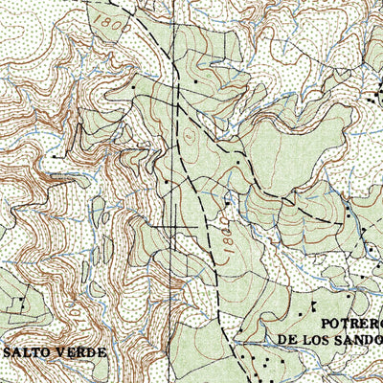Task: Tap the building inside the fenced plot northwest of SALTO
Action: [18, 303]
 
